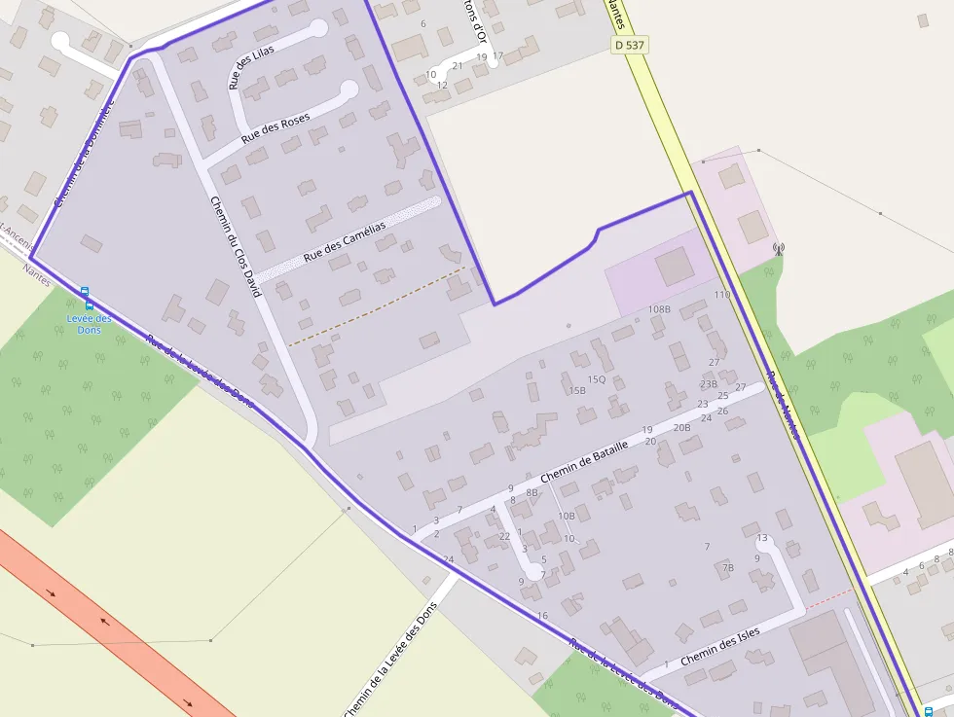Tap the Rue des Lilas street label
(x=251, y=67)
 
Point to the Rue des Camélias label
(x=345, y=240)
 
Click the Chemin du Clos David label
(x=237, y=246)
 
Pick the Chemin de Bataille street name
(x=583, y=458)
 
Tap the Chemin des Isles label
(x=720, y=646)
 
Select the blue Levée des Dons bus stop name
(x=90, y=324)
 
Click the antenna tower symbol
(x=778, y=248)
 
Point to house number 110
(x=721, y=294)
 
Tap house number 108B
(x=659, y=308)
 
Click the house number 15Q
(x=596, y=378)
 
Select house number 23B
(x=708, y=383)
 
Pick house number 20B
(x=681, y=427)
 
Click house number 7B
(x=727, y=567)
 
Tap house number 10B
(x=566, y=516)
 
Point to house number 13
(x=762, y=538)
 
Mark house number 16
(x=542, y=615)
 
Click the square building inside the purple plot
(x=674, y=266)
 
